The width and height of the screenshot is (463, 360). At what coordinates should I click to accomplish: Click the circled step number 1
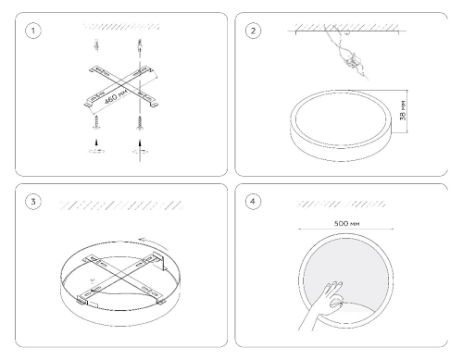[33, 31]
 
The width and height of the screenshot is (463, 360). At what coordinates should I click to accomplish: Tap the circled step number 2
[253, 31]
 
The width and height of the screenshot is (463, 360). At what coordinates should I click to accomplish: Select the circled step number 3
[33, 202]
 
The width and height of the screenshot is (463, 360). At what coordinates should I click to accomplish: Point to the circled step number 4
[253, 202]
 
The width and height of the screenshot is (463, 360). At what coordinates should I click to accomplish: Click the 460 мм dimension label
[116, 96]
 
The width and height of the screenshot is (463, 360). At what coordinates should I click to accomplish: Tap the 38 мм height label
[403, 110]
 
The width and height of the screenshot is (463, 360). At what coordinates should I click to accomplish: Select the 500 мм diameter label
[346, 223]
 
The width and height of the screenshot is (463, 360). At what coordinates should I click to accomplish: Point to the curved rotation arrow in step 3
[154, 242]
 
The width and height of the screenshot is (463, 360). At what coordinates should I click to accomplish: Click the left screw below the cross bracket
[97, 122]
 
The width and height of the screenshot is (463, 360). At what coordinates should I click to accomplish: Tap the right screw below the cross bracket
[140, 123]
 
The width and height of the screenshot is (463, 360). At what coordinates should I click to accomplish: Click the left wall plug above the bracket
[96, 45]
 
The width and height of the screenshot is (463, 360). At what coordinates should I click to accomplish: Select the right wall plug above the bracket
[140, 45]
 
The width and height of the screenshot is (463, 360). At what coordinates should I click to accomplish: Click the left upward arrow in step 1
[97, 143]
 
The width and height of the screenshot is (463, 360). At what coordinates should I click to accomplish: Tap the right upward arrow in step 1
[140, 143]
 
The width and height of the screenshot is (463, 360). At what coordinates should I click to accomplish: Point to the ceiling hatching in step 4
[341, 204]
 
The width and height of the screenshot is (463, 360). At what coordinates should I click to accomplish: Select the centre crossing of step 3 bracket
[121, 277]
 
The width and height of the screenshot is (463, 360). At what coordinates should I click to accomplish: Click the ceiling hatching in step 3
[121, 205]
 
